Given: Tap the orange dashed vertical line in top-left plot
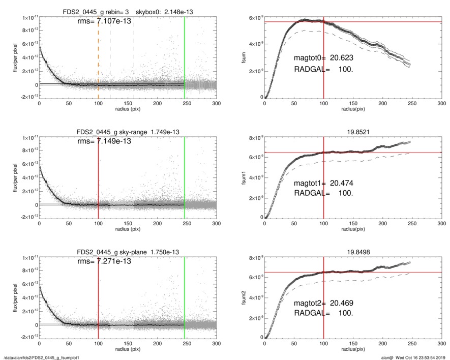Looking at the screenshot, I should [98, 61].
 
